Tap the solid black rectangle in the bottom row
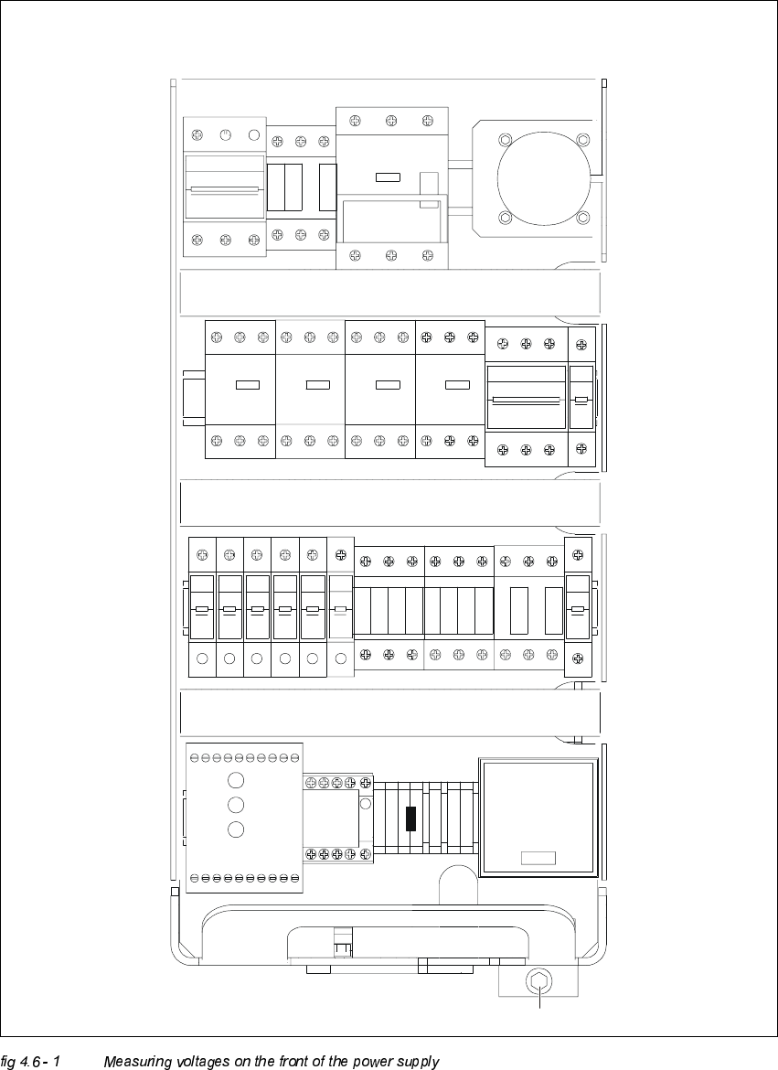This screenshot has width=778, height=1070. click(410, 819)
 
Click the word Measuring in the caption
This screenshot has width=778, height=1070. click(137, 1062)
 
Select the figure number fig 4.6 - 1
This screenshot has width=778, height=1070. click(30, 1062)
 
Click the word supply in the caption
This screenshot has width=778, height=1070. click(418, 1062)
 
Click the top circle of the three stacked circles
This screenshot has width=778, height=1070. click(237, 780)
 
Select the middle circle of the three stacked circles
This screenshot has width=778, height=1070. click(237, 805)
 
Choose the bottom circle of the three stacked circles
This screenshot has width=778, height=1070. click(237, 829)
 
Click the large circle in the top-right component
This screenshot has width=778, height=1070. click(543, 178)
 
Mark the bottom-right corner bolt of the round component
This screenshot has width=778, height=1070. click(583, 218)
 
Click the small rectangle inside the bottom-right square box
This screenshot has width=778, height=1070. click(538, 858)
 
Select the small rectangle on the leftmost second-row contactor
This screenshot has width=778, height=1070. click(248, 385)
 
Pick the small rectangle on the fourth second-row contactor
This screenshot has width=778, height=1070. click(457, 385)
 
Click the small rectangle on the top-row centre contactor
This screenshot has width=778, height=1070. click(388, 177)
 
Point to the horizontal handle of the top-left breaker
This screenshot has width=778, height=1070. click(224, 189)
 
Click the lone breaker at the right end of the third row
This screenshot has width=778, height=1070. click(578, 609)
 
